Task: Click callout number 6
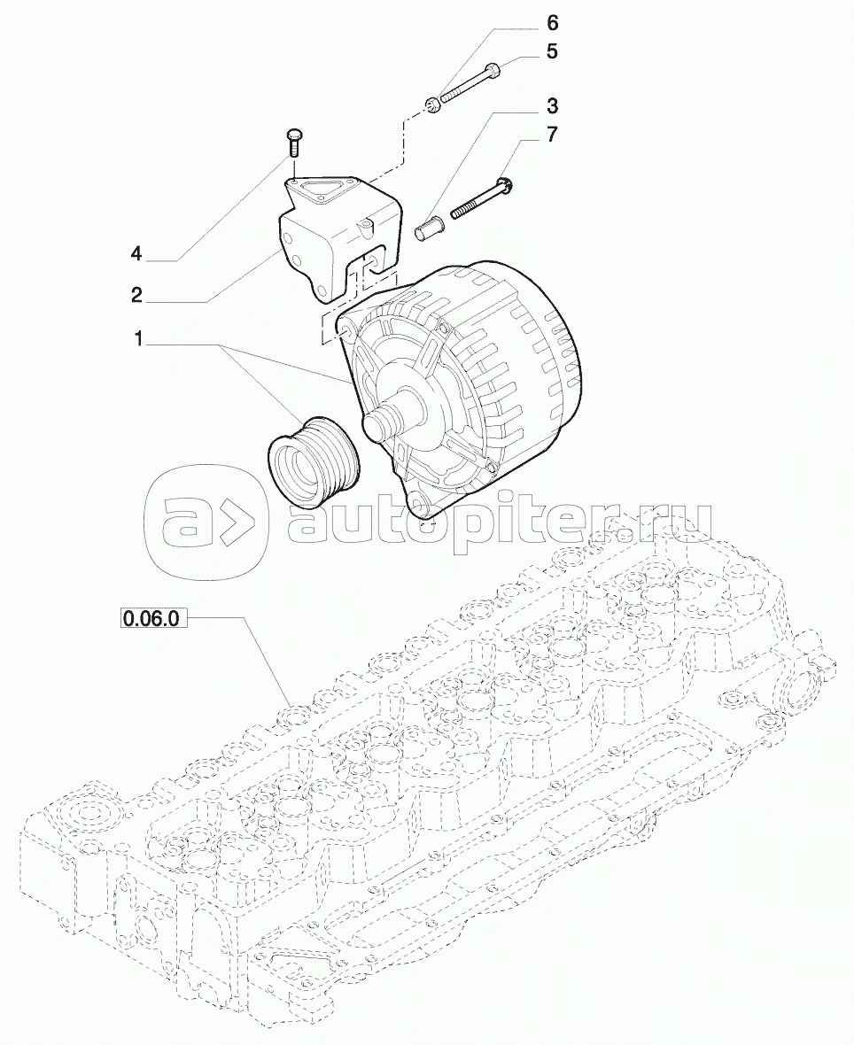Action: coord(552,21)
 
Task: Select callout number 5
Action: coord(552,52)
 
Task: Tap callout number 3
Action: coord(552,107)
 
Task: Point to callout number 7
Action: coord(552,135)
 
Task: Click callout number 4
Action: coord(136,254)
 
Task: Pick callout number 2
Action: coord(136,295)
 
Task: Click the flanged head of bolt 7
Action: coord(507,185)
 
